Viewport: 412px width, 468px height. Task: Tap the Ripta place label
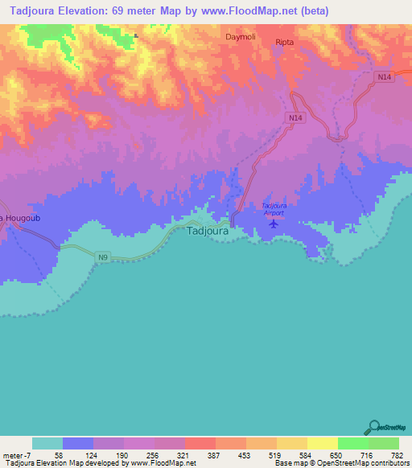click(285, 42)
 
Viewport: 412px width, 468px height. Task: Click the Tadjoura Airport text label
click(274, 210)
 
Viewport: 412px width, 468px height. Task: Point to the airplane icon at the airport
click(273, 224)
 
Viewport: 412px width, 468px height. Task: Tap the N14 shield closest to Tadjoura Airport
click(295, 117)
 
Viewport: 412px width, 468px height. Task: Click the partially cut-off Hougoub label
click(14, 218)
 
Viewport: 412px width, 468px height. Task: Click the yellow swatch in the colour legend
click(322, 443)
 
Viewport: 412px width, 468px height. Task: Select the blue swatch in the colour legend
click(78, 443)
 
